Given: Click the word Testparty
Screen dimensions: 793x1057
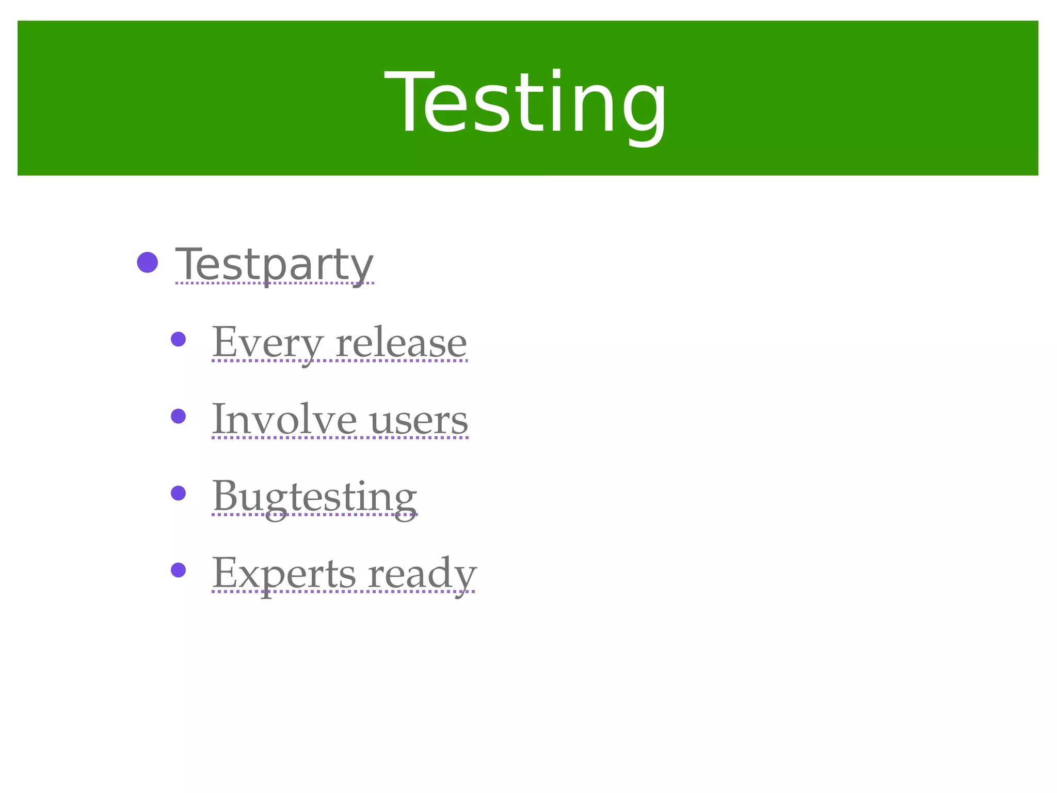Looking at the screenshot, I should pos(274,264).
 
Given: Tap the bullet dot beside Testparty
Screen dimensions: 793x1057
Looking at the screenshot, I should pos(147,262).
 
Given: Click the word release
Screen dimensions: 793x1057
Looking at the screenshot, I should pos(402,342).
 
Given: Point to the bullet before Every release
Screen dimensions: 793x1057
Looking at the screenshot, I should pos(178,339).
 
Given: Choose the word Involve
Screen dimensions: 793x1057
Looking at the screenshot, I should pos(284,419).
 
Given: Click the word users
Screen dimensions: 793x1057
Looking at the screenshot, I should pos(419,420).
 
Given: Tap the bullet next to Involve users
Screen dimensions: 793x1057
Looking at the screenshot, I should pos(178,416).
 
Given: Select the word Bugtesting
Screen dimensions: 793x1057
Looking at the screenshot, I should pos(314,496).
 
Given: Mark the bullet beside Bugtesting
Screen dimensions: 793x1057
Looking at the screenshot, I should pos(178,493).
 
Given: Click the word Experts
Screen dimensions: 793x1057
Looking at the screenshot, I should pos(284,573).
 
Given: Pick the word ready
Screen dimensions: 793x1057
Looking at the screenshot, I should pos(422,574).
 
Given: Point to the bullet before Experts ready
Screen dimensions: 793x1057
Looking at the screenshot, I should pos(178,570).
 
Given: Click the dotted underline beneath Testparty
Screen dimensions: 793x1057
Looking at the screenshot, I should pos(274,283).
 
